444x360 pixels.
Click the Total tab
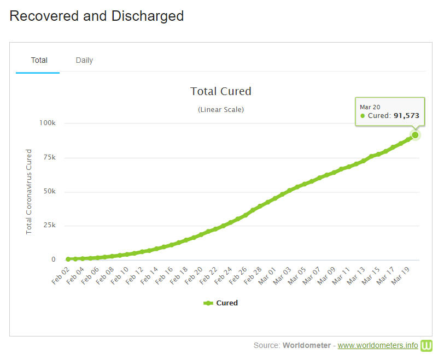tap(39, 60)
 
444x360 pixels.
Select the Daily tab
tap(84, 60)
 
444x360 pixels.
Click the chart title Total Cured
tap(220, 91)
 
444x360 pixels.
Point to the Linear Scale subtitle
tap(220, 109)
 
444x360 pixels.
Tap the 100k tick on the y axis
tap(46, 123)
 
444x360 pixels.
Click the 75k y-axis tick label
tap(49, 158)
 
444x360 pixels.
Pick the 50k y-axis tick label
tap(49, 192)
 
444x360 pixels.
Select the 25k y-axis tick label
tap(49, 226)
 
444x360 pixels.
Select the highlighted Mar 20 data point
tap(415, 135)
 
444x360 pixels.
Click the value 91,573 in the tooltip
tap(406, 116)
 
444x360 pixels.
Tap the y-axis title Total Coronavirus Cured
tap(29, 192)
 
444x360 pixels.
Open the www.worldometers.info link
tap(378, 345)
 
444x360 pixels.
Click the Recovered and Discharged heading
tap(97, 16)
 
